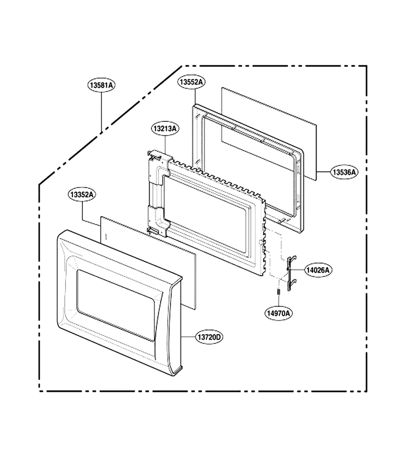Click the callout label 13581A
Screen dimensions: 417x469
click(x=102, y=85)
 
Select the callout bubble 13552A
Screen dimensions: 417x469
click(x=191, y=82)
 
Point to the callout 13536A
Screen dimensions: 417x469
click(x=345, y=172)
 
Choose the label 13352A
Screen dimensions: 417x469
click(x=81, y=194)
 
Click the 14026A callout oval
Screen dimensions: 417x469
click(x=318, y=270)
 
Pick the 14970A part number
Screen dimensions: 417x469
click(x=278, y=313)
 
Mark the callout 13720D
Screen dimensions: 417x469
click(x=210, y=337)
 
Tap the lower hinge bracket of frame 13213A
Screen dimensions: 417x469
click(x=157, y=220)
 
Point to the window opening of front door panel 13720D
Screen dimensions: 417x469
click(x=117, y=305)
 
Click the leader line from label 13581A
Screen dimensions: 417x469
click(x=102, y=112)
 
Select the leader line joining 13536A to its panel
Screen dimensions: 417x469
click(x=323, y=172)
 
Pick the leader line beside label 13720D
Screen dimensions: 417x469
click(x=189, y=337)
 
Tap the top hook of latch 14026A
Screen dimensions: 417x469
click(x=292, y=258)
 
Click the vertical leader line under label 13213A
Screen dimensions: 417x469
click(x=165, y=144)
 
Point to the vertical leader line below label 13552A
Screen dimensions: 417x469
click(x=195, y=96)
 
